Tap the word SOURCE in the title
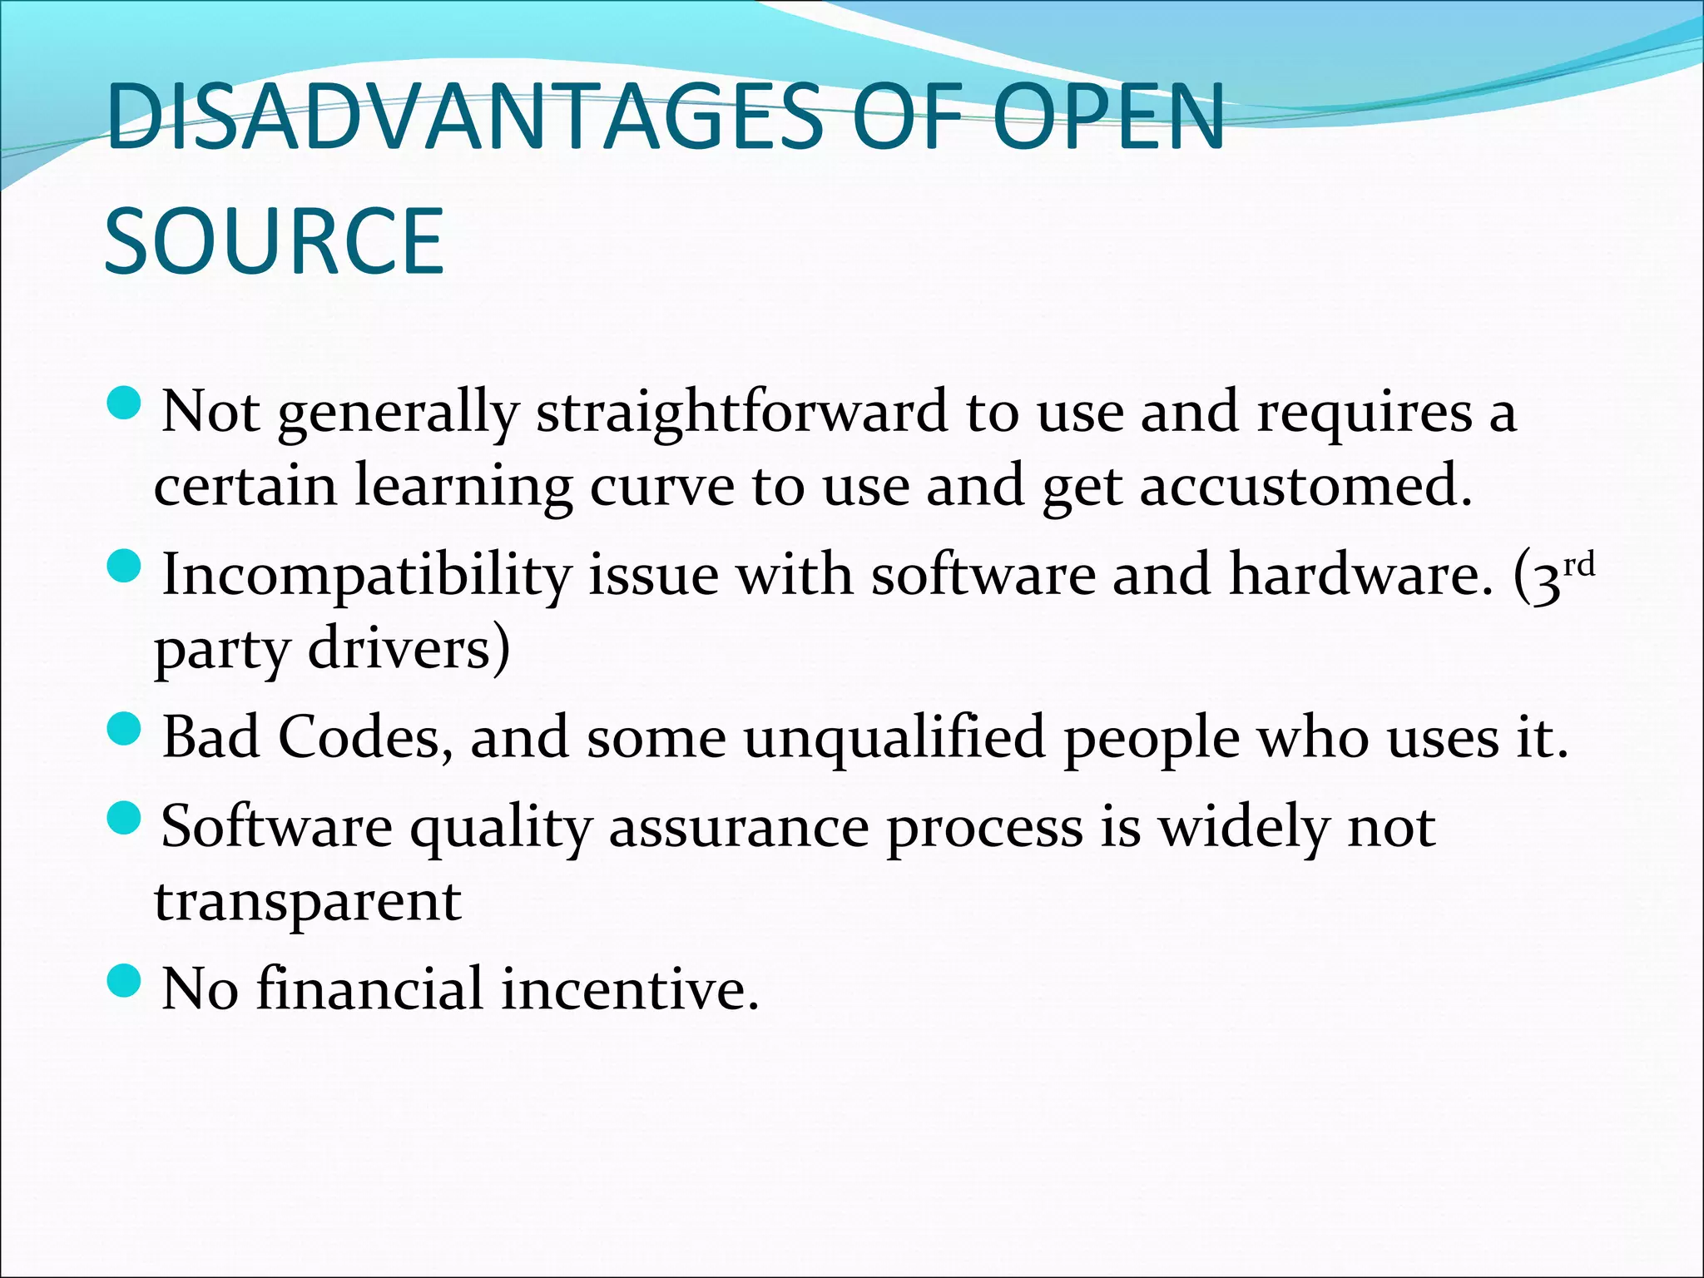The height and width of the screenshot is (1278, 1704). coord(275,241)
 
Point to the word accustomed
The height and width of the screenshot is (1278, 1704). coord(1305,486)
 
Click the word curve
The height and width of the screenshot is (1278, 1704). coord(661,486)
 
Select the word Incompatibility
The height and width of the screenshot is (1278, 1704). coord(367,576)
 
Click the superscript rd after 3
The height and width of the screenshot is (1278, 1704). coord(1578,565)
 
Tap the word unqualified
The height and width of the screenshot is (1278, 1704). coord(894,738)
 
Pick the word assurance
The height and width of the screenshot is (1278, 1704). coord(739,828)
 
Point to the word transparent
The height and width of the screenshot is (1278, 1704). coord(308,902)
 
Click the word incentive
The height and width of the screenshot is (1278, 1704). coord(630,989)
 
